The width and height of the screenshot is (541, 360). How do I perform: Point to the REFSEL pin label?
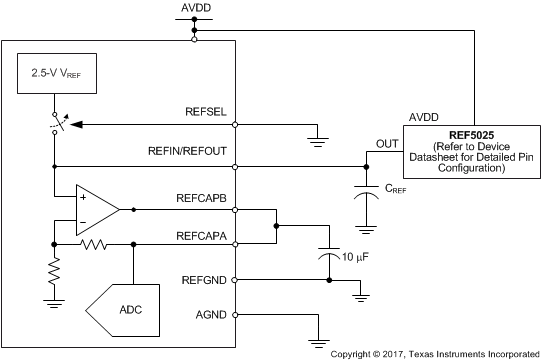tap(206, 113)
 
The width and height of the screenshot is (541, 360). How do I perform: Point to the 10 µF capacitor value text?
tap(354, 259)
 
